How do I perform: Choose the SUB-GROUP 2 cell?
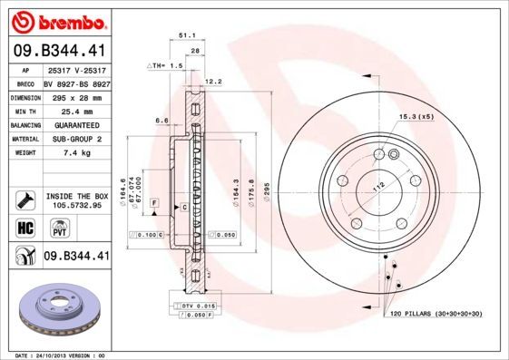(75, 139)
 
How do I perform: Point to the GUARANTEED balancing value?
(75, 124)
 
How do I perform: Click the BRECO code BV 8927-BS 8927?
(75, 82)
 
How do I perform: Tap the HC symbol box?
(24, 228)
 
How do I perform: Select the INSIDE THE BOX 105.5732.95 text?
(75, 200)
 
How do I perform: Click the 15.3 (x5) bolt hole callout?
(416, 117)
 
